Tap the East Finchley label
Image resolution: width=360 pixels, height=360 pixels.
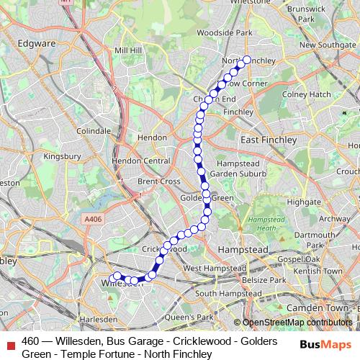click(269, 140)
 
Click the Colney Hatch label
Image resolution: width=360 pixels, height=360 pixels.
click(307, 94)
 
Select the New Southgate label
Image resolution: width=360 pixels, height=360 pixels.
click(328, 45)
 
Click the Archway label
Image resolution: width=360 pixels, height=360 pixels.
click(333, 218)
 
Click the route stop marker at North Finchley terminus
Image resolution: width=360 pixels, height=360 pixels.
click(247, 60)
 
